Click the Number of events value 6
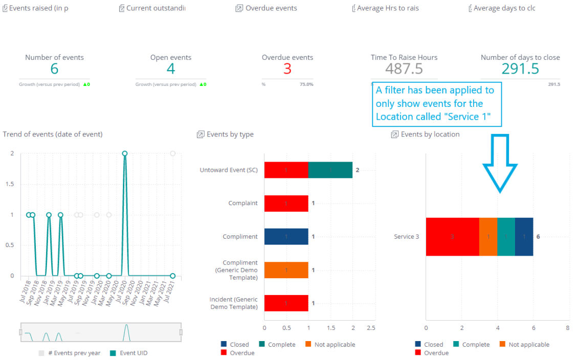54,69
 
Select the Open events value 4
171,69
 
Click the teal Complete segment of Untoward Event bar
330,170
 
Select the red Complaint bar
286,203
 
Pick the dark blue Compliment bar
286,237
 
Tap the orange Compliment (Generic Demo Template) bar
286,270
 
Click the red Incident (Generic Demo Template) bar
286,303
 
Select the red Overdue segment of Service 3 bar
452,237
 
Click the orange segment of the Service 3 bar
488,237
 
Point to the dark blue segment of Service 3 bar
524,237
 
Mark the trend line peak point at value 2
124,153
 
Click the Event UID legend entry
130,353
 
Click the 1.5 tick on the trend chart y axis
10,184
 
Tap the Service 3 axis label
406,237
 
